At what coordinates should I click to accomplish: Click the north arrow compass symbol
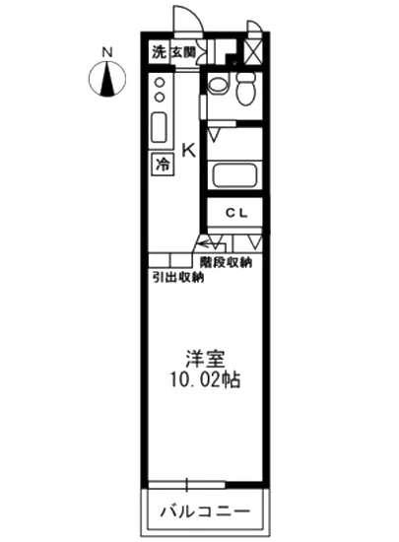[x=107, y=79]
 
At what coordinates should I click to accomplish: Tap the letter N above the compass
[x=107, y=50]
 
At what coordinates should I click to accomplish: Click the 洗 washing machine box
[x=159, y=53]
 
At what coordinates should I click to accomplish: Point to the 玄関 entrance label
[x=183, y=53]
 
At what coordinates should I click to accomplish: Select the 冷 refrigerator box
[x=160, y=165]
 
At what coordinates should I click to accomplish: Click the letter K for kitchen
[x=188, y=150]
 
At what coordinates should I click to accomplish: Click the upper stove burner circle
[x=160, y=84]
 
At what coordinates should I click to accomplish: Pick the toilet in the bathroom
[x=245, y=88]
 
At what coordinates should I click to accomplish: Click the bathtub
[x=234, y=178]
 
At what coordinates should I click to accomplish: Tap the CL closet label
[x=234, y=213]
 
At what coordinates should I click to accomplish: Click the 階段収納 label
[x=225, y=262]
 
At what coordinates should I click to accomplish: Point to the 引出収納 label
[x=177, y=277]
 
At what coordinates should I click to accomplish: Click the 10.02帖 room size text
[x=206, y=379]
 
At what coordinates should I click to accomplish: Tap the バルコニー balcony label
[x=206, y=512]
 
